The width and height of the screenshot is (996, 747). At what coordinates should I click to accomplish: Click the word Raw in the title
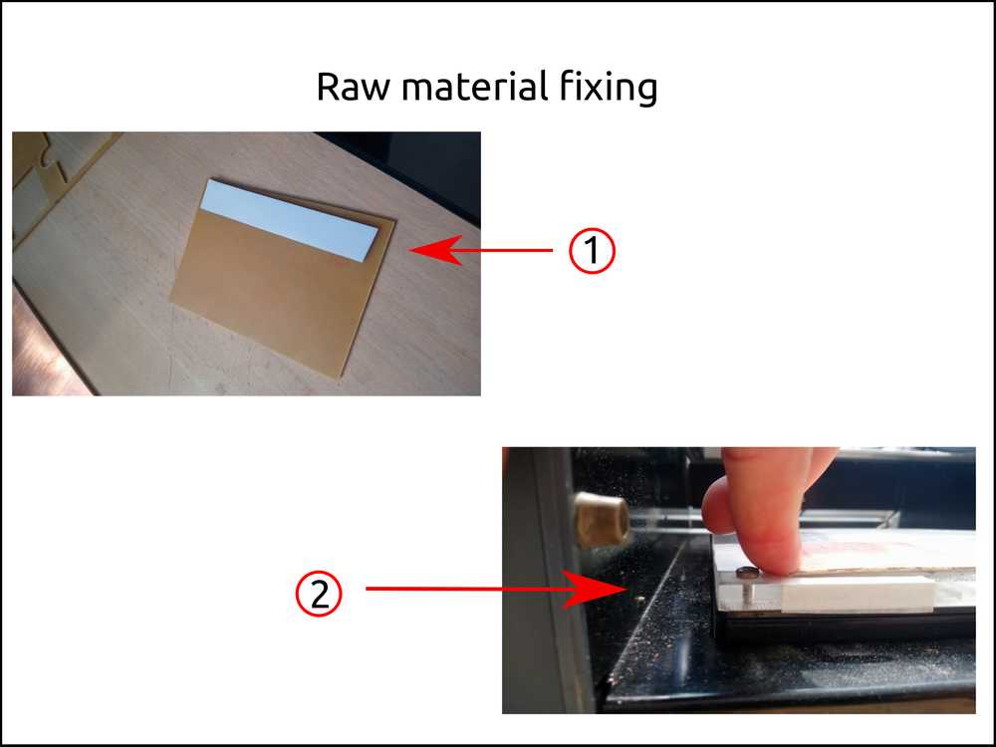[353, 87]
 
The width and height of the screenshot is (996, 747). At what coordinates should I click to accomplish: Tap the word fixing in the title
[609, 88]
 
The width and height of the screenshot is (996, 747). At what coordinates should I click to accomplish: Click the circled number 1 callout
[592, 250]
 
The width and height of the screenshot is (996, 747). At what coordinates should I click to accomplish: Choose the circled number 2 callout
[319, 595]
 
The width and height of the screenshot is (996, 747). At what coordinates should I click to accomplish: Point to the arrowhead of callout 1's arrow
[436, 250]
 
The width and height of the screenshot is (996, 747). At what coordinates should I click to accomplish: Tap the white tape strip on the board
[289, 220]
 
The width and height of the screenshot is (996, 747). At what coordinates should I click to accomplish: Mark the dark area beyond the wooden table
[419, 171]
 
